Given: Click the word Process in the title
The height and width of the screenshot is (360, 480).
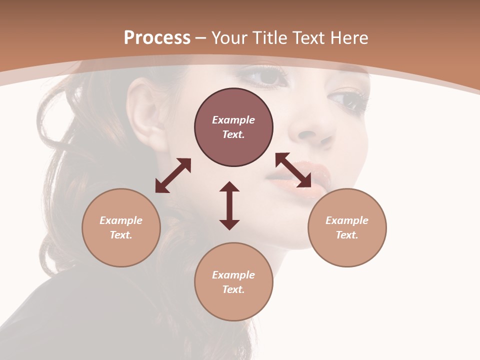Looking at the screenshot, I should (x=157, y=38).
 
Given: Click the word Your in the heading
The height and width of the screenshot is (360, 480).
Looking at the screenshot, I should (x=229, y=38).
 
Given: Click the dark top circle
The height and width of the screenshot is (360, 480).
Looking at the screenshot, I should (x=233, y=127).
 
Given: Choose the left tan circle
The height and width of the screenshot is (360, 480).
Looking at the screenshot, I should (x=121, y=227).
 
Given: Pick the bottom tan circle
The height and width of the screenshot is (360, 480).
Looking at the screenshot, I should (x=233, y=281).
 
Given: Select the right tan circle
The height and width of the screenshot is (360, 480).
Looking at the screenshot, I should (x=347, y=227).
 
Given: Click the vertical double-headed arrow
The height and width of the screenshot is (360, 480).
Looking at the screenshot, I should (x=229, y=205).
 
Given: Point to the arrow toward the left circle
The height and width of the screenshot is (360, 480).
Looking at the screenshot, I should (x=173, y=175).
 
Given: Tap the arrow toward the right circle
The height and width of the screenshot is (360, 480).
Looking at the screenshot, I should (x=293, y=170).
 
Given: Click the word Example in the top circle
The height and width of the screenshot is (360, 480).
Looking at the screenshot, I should (x=233, y=120).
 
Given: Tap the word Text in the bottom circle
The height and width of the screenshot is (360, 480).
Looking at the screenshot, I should (x=233, y=289).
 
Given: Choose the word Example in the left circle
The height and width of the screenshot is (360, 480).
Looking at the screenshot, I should (x=121, y=220).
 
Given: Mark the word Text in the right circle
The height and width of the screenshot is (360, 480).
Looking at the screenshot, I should (x=347, y=235).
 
